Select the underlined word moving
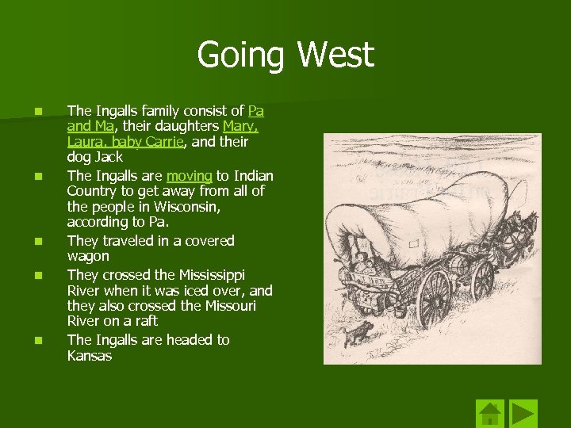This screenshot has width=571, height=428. (189, 175)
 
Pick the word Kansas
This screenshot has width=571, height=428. (90, 356)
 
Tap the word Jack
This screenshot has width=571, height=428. (109, 158)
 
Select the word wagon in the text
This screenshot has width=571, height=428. (88, 256)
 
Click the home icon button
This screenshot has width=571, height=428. (490, 413)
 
